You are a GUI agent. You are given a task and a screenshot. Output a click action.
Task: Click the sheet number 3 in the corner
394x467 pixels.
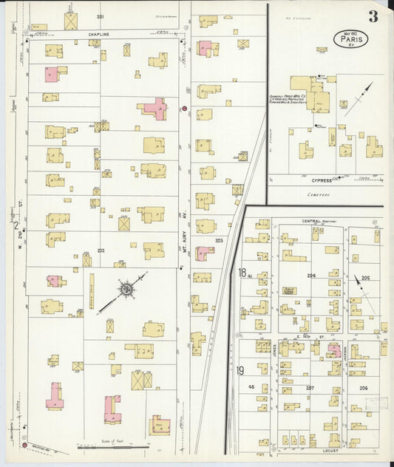point(374,16)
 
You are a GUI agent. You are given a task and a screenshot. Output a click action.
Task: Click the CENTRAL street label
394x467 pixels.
point(310,221)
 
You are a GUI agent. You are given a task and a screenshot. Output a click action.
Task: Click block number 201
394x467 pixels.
point(100,16)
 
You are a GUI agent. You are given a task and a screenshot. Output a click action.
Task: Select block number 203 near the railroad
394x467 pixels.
point(219,240)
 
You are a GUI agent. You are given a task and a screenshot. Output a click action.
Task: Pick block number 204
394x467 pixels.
point(311,276)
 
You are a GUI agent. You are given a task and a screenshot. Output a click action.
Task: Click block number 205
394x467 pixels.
point(365,278)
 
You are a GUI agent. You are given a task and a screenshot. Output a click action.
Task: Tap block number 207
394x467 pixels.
point(310,387)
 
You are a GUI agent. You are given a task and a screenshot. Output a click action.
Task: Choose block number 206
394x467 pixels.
point(363,387)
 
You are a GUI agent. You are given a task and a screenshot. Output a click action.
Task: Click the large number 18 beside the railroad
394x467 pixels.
point(242,272)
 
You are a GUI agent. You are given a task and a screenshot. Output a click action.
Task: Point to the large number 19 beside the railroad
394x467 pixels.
point(240,369)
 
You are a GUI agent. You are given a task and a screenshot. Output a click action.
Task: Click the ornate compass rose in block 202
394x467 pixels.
point(126,286)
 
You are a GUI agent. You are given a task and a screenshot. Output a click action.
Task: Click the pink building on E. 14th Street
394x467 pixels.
point(334,350)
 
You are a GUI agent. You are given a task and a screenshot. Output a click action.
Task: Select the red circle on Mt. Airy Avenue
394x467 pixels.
point(184,109)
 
